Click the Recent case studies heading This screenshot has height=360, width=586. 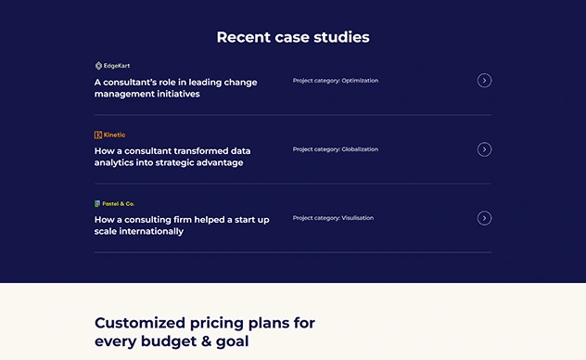(x=293, y=37)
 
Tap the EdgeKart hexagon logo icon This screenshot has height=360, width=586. (x=98, y=66)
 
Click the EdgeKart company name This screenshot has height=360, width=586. (x=117, y=66)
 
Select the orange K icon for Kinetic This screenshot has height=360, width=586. (x=98, y=135)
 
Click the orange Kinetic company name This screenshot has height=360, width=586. (x=114, y=135)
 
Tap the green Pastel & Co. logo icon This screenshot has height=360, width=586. (x=97, y=204)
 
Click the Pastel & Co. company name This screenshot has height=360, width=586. (x=118, y=204)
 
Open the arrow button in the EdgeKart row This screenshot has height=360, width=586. (x=484, y=81)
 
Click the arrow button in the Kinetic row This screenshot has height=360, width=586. (x=484, y=149)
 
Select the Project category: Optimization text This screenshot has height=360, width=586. (x=336, y=81)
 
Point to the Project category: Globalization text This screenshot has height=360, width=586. (x=336, y=149)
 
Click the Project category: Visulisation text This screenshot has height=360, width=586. (x=333, y=218)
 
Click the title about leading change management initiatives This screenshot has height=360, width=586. (x=175, y=88)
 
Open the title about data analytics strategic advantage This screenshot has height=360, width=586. (x=172, y=157)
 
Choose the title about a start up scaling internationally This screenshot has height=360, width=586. (x=182, y=225)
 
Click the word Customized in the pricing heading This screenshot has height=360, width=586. (x=140, y=323)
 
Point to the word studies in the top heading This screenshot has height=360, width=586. (x=341, y=37)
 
